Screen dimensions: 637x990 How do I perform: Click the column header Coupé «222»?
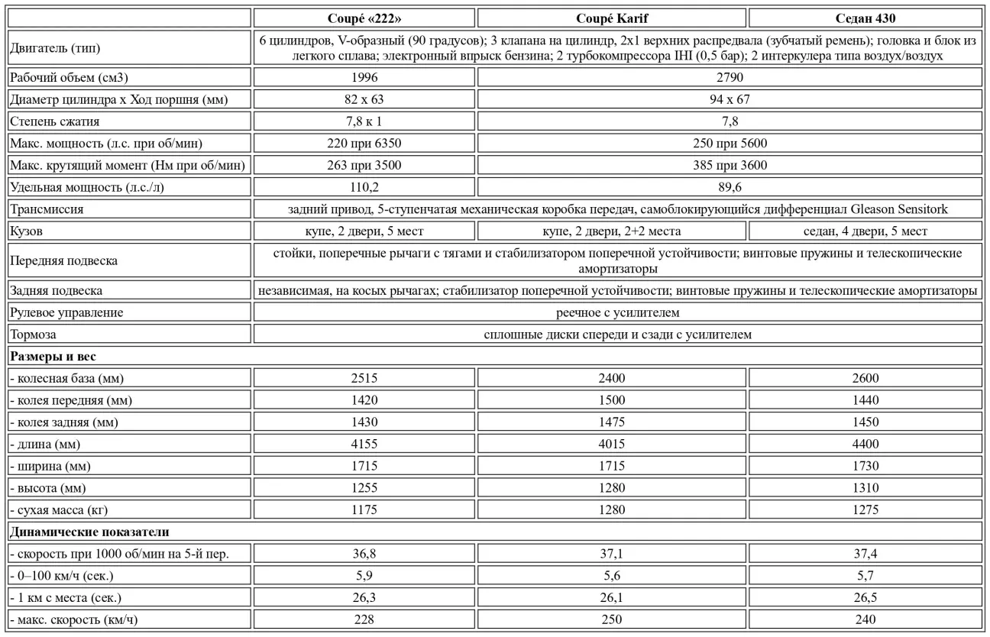coord(364,18)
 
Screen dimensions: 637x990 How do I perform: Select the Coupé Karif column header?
coord(611,18)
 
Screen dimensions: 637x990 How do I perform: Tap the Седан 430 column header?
coord(865,18)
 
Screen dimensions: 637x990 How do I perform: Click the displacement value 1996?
coord(364,77)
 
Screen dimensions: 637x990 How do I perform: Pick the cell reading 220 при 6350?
coord(364,144)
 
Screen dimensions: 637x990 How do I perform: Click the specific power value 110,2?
coord(364,187)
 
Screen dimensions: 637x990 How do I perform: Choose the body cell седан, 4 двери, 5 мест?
coord(865,231)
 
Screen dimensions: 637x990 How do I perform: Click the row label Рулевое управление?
coord(66,312)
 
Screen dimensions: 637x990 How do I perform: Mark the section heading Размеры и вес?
coord(53,356)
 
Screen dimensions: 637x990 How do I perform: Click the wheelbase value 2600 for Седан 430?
coord(865,378)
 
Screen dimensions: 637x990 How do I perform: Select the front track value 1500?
coord(611,400)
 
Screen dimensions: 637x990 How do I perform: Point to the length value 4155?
coord(364,444)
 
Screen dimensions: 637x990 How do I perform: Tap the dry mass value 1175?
coord(364,509)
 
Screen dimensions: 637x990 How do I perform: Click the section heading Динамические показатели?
coord(89,532)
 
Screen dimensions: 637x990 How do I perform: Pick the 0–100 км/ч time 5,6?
coord(611,576)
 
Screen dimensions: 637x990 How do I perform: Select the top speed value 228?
coord(364,619)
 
